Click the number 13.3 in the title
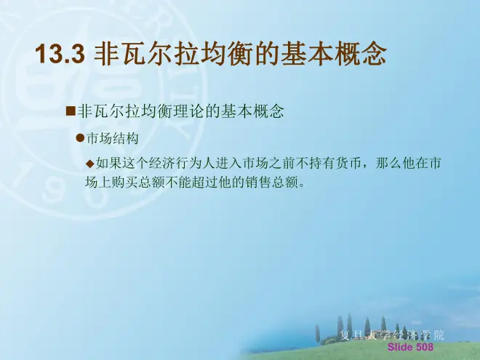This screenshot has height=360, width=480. tap(60, 54)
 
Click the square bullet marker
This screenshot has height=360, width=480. tap(71, 111)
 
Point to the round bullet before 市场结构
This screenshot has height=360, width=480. tap(80, 138)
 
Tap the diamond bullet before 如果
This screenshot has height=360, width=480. tap(90, 164)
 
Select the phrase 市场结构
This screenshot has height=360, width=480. tap(113, 139)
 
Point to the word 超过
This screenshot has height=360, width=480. tap(205, 183)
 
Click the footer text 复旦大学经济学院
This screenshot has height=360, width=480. tap(392, 335)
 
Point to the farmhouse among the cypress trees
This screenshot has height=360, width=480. tap(382, 333)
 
